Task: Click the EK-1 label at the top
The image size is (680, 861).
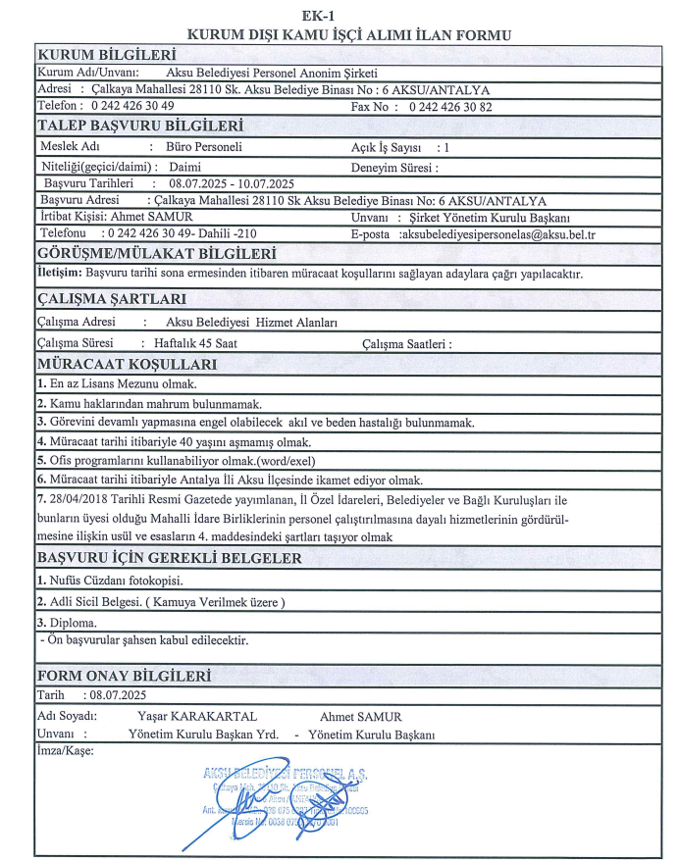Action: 345,15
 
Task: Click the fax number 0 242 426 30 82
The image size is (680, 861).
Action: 450,107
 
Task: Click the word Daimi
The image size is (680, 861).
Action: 184,166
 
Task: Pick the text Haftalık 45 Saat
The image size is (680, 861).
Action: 188,343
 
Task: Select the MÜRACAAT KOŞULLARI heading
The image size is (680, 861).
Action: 127,365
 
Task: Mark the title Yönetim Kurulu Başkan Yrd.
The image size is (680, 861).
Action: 203,734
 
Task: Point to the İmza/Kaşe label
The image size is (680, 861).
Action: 64,751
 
